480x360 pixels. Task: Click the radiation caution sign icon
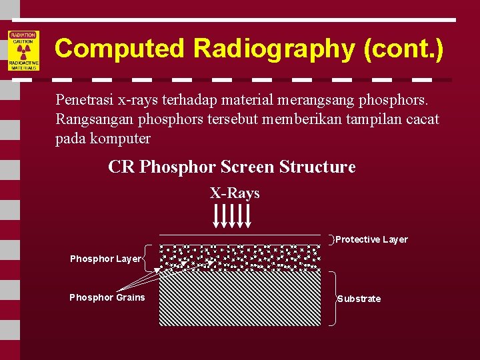(24, 51)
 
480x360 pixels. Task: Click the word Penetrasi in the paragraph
(85, 101)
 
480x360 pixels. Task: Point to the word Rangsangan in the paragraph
(93, 119)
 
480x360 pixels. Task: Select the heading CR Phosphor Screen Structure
(231, 167)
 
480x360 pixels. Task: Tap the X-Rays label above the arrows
(235, 193)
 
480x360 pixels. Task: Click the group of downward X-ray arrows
(232, 215)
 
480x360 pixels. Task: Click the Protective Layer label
(371, 239)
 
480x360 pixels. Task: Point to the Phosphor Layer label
(105, 259)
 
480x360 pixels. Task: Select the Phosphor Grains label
(107, 297)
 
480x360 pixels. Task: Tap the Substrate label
(359, 299)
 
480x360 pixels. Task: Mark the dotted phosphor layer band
(239, 257)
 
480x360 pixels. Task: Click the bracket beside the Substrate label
(333, 298)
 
